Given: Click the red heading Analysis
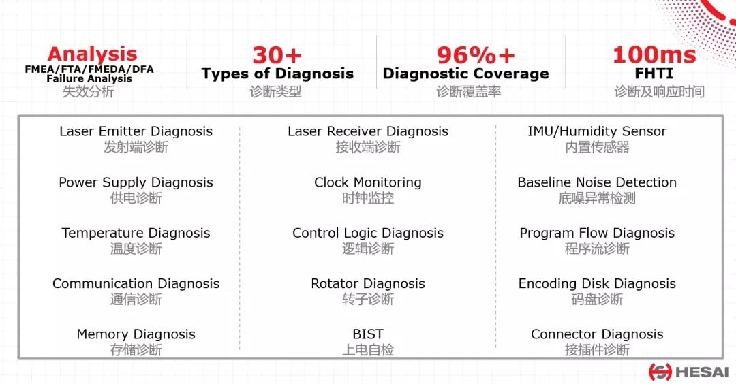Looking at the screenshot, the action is [92, 55].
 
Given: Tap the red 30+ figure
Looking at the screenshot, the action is [277, 55].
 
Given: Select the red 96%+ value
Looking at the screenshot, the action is [476, 55].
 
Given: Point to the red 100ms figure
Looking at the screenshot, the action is [654, 55].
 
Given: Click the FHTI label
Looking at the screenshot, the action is [654, 74].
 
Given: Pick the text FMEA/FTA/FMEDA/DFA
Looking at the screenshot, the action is [89, 69].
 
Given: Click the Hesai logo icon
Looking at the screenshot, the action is [660, 372].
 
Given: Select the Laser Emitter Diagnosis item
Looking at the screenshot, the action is [136, 132].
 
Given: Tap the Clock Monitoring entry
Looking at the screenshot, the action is [368, 182].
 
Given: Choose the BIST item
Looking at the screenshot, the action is [368, 334].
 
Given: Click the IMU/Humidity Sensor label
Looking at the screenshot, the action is [597, 132].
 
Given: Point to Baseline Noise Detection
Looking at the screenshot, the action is [597, 182].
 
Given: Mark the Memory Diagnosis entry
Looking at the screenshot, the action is [136, 334].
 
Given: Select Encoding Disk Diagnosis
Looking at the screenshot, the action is [597, 284].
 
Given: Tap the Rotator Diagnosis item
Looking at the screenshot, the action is [368, 284].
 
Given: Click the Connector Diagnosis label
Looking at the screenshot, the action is [597, 334].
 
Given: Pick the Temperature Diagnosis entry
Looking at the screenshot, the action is [136, 233].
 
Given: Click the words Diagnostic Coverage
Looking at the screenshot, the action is [465, 74].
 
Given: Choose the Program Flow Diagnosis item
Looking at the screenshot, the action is [597, 233].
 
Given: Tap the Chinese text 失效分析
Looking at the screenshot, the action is [89, 91].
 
